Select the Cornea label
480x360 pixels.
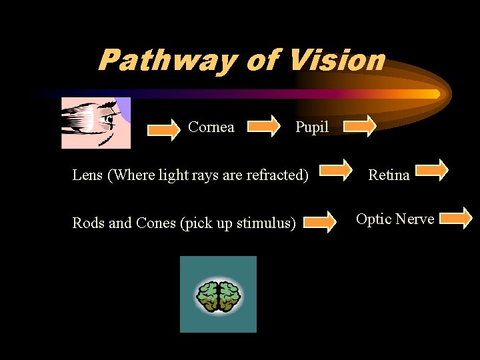click(x=211, y=127)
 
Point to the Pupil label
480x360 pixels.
click(x=312, y=127)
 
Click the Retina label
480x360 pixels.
click(x=389, y=175)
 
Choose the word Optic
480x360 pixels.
click(x=375, y=219)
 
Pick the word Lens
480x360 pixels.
click(x=88, y=175)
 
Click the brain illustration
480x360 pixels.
click(x=218, y=295)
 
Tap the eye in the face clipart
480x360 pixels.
click(x=107, y=120)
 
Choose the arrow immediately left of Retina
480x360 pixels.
click(x=338, y=171)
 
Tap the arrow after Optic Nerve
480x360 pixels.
click(x=456, y=217)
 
